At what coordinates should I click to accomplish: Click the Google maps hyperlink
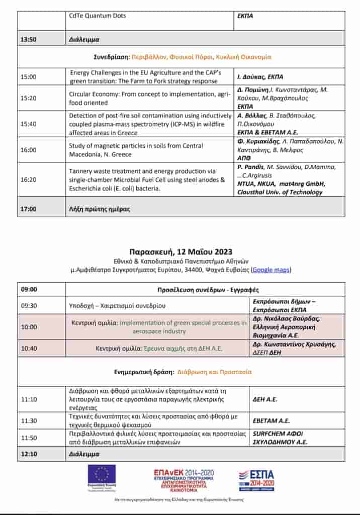point(271,270)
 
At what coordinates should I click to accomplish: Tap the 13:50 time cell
point(28,39)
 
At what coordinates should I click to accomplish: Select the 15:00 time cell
point(28,77)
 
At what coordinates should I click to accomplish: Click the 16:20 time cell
point(28,179)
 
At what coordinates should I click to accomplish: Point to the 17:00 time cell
point(28,209)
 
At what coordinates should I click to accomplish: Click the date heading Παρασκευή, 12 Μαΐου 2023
point(181,251)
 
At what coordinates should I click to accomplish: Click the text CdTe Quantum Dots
point(98,16)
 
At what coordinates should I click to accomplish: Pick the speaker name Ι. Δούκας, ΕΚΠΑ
point(260,77)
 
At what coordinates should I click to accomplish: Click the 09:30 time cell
point(28,305)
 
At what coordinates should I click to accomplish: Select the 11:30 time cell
point(28,420)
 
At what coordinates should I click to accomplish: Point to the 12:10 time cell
point(28,454)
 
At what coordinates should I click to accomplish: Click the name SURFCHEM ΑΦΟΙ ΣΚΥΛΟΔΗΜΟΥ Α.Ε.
point(279,438)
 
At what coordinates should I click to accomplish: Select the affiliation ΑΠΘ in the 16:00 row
point(244,157)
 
